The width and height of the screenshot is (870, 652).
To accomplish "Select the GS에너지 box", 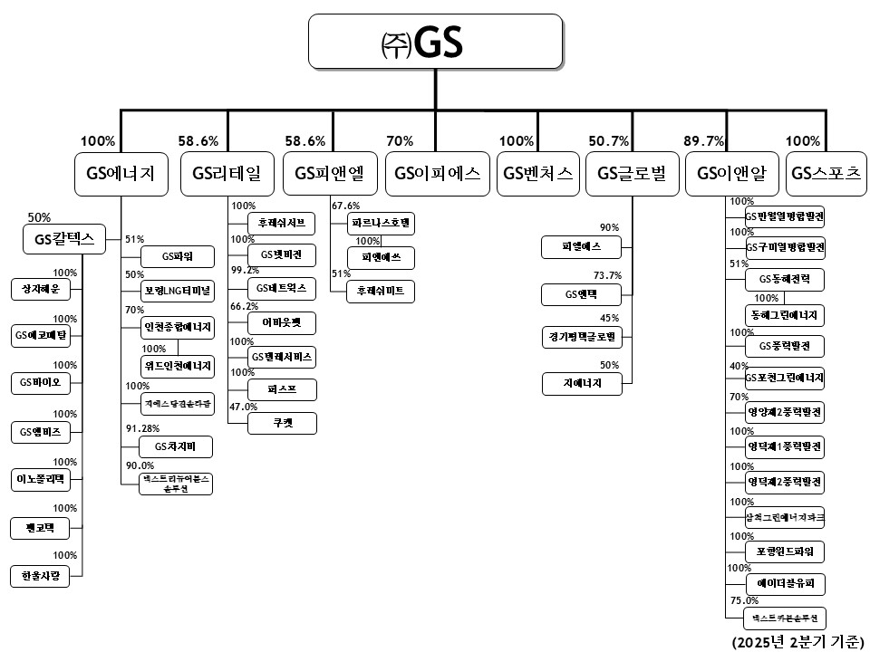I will [x=121, y=175].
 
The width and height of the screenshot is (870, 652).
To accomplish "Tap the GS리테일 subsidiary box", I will [x=227, y=175].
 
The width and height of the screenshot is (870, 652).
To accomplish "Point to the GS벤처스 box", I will [x=538, y=175].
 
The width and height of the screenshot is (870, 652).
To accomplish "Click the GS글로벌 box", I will [x=632, y=175].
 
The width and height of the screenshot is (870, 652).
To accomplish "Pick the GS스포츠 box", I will [x=825, y=175].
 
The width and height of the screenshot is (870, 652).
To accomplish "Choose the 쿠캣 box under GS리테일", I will [x=283, y=423].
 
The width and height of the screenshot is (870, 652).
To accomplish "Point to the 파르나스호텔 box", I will [x=381, y=222].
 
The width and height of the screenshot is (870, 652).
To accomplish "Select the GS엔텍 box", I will [x=582, y=294].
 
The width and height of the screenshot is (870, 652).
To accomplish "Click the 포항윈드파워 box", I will [x=785, y=551].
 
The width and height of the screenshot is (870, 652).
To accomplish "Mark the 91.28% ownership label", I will [x=144, y=428].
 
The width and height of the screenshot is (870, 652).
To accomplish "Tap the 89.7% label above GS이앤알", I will [x=702, y=141].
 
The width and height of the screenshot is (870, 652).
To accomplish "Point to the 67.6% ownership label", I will [x=346, y=206].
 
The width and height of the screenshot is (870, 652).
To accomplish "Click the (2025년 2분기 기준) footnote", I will [x=799, y=641].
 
